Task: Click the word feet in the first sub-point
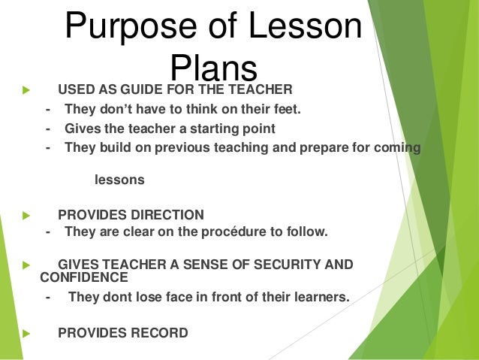[284, 110]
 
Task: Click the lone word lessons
[119, 180]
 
